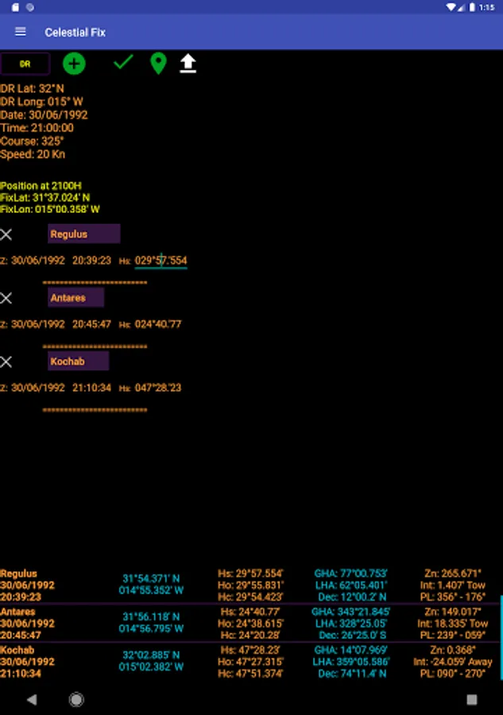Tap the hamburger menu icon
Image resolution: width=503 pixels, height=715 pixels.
[x=21, y=32]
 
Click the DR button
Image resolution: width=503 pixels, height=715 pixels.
[x=25, y=64]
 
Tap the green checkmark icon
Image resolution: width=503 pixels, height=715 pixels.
[x=123, y=62]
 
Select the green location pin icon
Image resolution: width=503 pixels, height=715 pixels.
[x=158, y=64]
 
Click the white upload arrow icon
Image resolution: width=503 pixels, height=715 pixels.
[x=188, y=64]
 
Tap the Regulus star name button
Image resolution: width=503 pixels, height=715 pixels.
[x=83, y=234]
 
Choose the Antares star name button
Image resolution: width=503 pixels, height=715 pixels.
[x=75, y=298]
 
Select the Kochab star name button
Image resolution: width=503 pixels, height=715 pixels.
[x=78, y=361]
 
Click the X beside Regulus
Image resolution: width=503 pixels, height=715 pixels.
[x=6, y=234]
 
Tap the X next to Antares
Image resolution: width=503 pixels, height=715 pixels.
[x=6, y=298]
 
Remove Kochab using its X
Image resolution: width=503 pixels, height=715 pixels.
[x=6, y=361]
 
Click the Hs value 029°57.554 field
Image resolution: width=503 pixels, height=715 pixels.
[x=161, y=261]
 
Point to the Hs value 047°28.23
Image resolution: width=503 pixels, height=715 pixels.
[x=158, y=388]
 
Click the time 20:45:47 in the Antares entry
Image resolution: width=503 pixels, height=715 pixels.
[x=91, y=324]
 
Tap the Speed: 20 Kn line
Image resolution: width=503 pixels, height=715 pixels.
[x=33, y=154]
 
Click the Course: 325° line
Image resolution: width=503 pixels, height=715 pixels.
[x=32, y=141]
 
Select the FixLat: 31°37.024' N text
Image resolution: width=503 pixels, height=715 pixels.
[x=45, y=198]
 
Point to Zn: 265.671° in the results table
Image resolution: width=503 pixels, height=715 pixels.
[x=453, y=573]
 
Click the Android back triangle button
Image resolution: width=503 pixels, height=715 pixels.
[x=32, y=700]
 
